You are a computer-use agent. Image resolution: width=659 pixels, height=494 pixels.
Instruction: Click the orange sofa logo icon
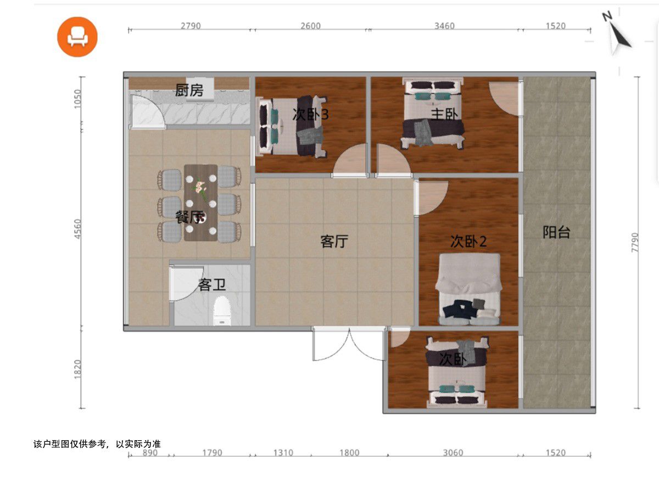pos(77,37)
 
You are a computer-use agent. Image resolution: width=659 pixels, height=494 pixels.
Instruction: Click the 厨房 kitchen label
pos(189,90)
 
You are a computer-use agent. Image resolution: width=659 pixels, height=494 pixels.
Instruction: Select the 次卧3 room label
pos(310,114)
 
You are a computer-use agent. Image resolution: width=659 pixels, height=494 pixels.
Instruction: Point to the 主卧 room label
pos(445,114)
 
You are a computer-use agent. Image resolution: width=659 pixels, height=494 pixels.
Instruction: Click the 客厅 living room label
pos(334,242)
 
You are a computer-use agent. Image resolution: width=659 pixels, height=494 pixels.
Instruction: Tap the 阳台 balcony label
pos(556,232)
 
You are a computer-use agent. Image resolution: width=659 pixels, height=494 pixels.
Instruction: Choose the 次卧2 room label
pos(468,242)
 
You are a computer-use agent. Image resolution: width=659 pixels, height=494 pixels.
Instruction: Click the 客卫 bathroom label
pos(211,285)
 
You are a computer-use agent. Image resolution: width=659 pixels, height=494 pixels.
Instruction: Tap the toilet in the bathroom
pos(222,311)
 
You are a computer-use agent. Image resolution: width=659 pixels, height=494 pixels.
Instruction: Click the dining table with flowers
pos(200,203)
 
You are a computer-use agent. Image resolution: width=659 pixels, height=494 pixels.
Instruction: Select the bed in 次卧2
pos(468,289)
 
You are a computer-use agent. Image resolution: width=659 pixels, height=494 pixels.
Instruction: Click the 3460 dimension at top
pos(444,26)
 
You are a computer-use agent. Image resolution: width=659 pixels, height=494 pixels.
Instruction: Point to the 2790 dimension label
pos(191,26)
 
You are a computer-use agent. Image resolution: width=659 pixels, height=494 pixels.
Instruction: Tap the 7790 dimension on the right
pos(634,243)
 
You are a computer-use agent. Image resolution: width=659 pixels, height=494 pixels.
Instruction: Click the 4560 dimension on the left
pos(77,229)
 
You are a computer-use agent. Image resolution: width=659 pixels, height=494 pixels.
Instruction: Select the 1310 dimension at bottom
pos(283,453)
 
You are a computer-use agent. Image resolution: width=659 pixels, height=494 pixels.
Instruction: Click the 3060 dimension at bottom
pos(453,453)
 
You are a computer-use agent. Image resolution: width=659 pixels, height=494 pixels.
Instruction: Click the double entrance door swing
pos(349,344)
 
